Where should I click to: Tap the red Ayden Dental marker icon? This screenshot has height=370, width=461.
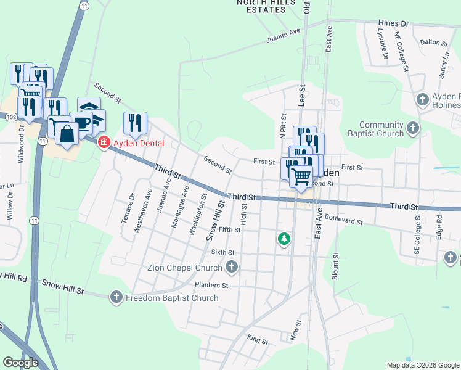click(104, 143)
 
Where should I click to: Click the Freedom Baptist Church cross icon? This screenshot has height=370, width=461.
click(116, 298)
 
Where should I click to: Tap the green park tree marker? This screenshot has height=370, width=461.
click(284, 238)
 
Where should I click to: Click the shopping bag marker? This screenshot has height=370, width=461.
click(67, 133)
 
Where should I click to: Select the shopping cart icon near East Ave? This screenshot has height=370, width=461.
click(301, 176)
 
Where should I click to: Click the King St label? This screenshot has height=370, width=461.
click(258, 340)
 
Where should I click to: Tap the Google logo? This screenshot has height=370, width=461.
click(20, 363)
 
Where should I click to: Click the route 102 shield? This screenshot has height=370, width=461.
click(10, 116)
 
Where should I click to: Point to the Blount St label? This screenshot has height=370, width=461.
click(336, 263)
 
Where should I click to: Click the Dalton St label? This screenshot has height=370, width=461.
click(433, 43)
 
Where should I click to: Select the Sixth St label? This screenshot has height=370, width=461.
click(223, 252)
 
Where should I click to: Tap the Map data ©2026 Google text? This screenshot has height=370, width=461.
click(423, 365)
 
